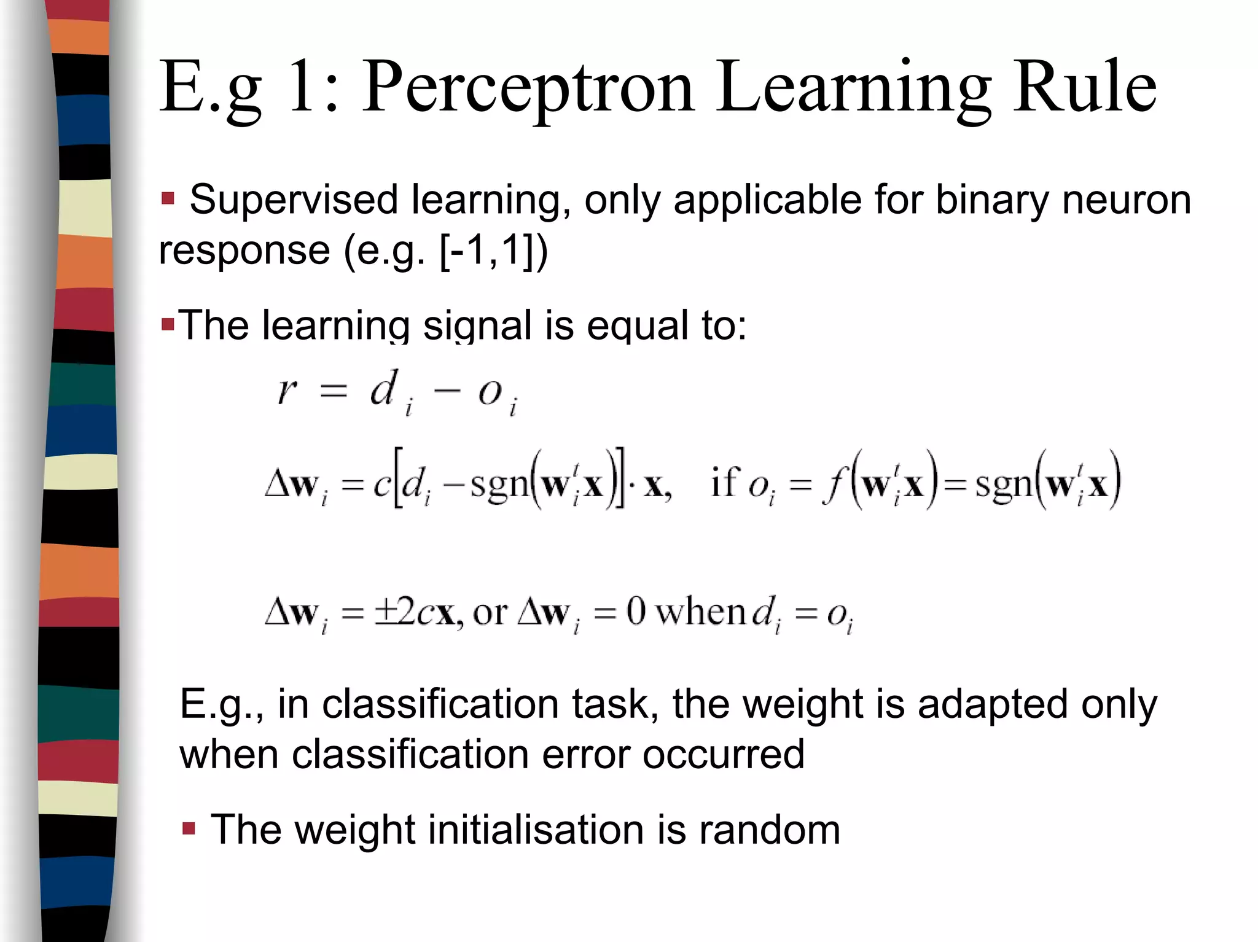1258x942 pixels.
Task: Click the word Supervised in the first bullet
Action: (x=294, y=200)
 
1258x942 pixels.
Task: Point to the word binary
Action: (x=992, y=200)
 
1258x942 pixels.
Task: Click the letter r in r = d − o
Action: (x=287, y=390)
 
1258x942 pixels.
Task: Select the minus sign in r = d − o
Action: (x=447, y=391)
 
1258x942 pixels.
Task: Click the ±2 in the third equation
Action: (x=395, y=612)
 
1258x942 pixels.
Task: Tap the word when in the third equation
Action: (x=701, y=612)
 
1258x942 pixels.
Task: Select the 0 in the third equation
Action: (x=636, y=612)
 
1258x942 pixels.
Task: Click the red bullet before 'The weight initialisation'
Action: (x=189, y=830)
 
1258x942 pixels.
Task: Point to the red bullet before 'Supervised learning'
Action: (x=168, y=199)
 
